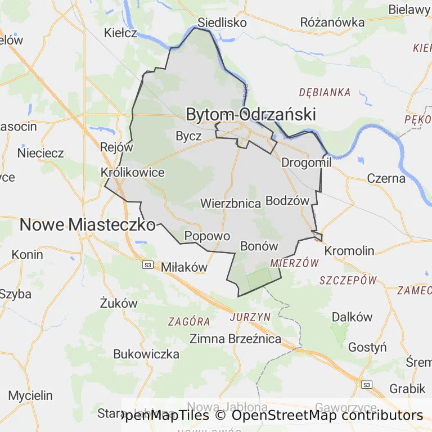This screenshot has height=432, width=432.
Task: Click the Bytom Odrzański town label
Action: point(250,114)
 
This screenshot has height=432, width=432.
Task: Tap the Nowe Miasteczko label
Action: point(87,225)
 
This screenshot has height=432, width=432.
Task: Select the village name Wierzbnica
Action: point(231,203)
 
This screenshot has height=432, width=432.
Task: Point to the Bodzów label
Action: point(287,201)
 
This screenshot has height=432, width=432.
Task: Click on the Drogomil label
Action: point(306,163)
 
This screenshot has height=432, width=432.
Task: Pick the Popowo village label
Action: point(207,236)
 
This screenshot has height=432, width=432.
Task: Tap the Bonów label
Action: point(259,246)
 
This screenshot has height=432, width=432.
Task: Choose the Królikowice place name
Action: point(133,172)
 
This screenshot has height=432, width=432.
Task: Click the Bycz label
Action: point(188,136)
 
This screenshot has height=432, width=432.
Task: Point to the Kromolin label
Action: point(349,250)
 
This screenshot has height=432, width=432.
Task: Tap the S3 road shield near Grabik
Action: point(367,385)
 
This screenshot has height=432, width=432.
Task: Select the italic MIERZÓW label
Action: point(294,263)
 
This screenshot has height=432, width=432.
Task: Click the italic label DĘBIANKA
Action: point(325,92)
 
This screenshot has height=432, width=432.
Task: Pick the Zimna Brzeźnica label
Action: point(235,339)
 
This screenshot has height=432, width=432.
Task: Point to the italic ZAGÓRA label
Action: point(189,322)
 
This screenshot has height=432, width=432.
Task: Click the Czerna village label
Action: point(386,178)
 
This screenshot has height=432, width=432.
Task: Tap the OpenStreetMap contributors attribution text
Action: point(327,416)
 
